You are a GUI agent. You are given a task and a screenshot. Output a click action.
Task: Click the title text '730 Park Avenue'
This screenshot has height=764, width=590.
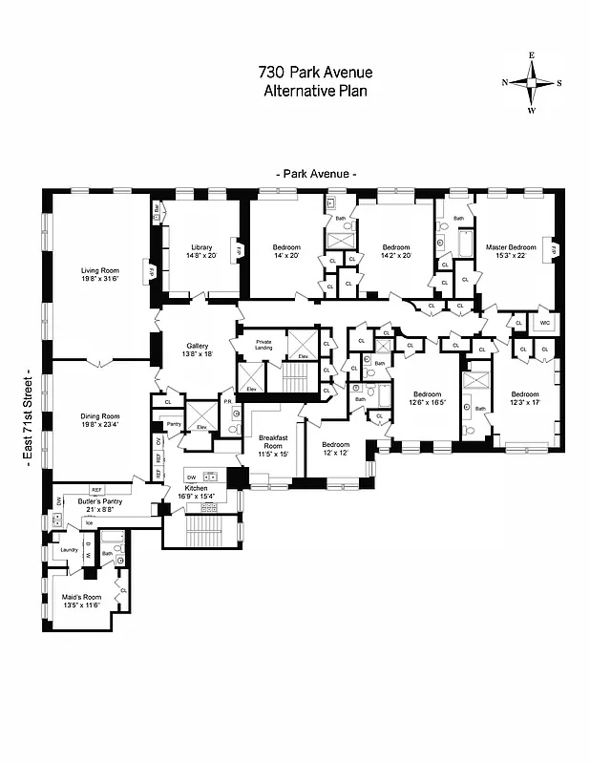pos(314,72)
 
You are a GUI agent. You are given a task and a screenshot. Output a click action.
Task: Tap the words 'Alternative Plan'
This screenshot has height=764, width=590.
pos(314,91)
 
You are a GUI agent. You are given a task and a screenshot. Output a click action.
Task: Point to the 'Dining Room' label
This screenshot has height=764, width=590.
pos(98,420)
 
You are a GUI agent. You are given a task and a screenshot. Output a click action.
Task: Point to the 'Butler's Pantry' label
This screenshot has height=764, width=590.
pos(89,504)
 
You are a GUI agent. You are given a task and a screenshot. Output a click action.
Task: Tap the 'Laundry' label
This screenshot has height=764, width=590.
pos(69,550)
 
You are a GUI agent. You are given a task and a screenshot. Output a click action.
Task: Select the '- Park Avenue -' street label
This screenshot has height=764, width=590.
pos(316,175)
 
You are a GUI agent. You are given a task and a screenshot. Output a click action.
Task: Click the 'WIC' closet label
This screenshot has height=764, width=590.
pos(544,323)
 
